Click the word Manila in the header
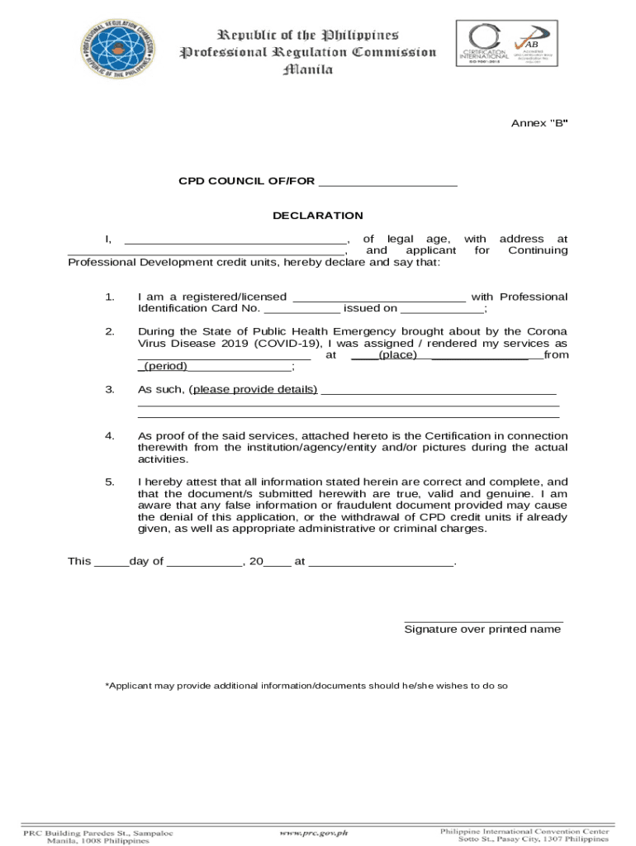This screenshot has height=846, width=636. [307, 70]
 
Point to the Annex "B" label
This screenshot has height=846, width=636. [539, 123]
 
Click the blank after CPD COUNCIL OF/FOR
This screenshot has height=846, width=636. [387, 182]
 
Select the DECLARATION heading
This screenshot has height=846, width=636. [318, 216]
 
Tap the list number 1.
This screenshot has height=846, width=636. [110, 297]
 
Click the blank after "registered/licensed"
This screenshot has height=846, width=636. [379, 297]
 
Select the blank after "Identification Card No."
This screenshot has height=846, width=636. [301, 309]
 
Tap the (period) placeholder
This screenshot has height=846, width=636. [166, 367]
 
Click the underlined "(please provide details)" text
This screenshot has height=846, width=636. [253, 389]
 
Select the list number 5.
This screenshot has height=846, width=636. [110, 482]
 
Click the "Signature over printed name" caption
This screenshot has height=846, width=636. [482, 630]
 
